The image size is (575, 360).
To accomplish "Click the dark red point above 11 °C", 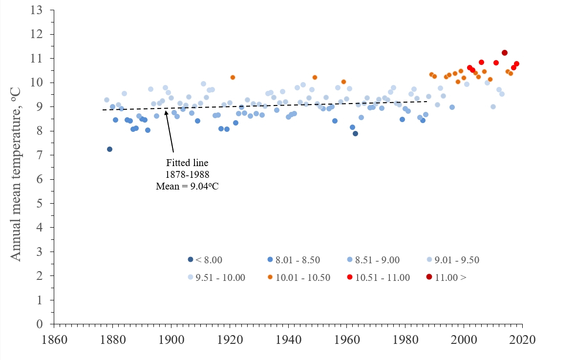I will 505,53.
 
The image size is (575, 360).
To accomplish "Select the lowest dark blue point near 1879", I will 109,149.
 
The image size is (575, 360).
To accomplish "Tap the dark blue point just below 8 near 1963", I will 355,133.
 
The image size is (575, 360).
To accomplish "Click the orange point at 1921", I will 233,77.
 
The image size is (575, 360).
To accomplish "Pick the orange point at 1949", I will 315,77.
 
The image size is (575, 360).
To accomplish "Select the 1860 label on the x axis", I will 54,339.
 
